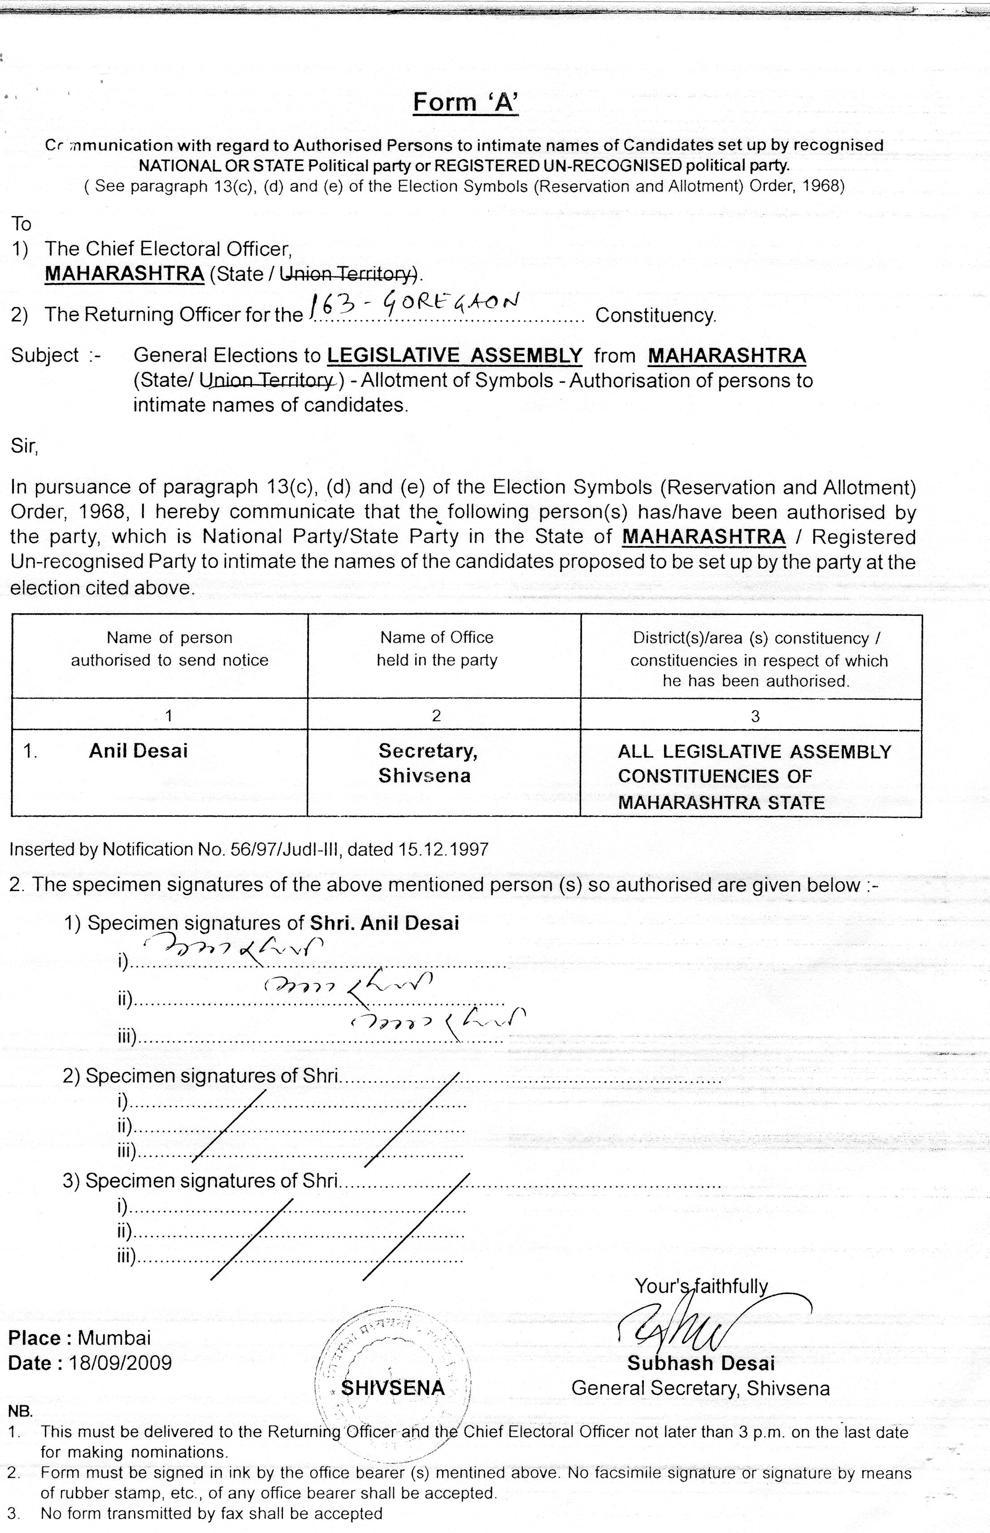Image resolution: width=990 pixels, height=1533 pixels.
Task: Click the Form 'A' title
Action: [465, 102]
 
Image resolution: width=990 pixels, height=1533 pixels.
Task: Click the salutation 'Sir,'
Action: [24, 446]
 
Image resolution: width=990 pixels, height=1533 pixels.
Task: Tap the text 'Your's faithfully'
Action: [701, 1286]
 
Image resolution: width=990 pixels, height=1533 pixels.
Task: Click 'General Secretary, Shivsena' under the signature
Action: [700, 1388]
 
